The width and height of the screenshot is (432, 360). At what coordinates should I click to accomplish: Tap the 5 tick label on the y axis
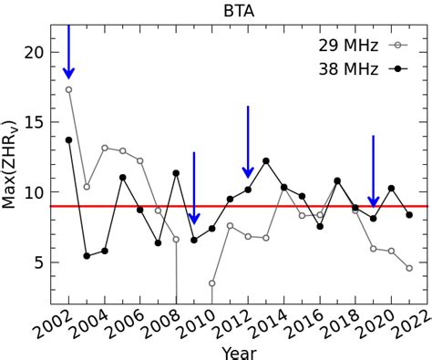coord(37,262)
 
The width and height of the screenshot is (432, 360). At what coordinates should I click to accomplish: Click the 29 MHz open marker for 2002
coord(68,89)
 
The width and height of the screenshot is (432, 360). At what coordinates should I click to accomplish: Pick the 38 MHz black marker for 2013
coord(266,161)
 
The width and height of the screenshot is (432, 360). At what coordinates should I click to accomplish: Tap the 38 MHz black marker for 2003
coord(87,256)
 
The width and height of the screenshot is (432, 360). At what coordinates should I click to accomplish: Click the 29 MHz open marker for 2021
coord(409,268)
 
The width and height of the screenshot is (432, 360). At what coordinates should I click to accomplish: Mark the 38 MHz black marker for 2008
coord(176,173)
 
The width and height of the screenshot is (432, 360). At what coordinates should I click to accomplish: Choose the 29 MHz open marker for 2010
coord(212,283)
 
